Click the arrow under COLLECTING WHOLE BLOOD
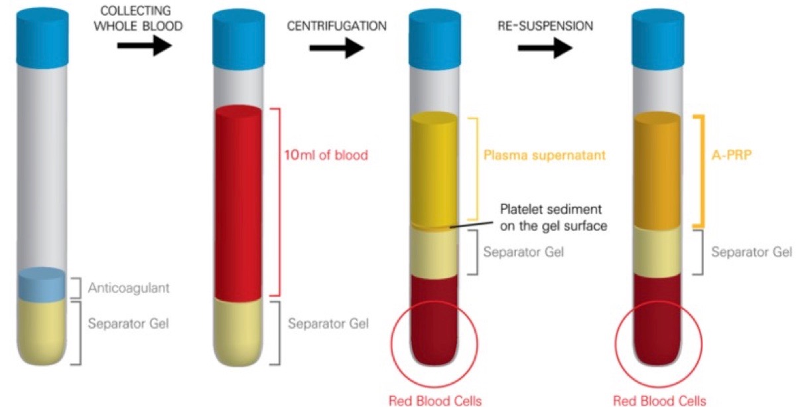(144, 46)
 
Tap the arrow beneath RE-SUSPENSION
(545, 47)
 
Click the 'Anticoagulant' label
(128, 289)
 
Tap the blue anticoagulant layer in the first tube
(41, 284)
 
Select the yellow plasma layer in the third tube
(434, 169)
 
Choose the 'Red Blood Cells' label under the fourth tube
(659, 400)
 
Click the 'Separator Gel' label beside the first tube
(128, 324)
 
